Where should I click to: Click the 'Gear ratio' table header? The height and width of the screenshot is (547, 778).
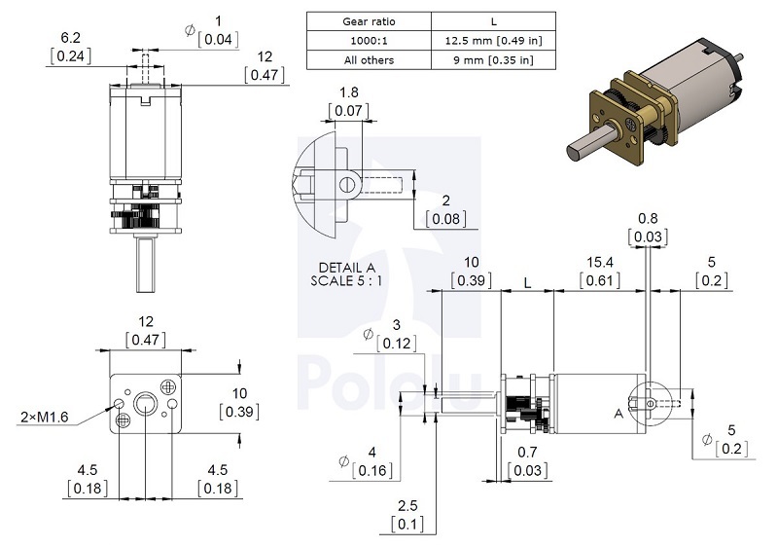point(369,21)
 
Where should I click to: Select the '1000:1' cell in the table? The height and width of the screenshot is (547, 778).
point(369,41)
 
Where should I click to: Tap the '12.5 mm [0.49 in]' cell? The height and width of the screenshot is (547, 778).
point(493,41)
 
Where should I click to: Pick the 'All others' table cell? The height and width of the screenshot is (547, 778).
point(369,60)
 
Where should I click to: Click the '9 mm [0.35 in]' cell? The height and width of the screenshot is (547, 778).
point(493,60)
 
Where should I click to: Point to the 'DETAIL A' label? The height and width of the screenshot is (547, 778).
point(347,268)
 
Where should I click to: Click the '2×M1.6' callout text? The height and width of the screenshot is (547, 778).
point(45,418)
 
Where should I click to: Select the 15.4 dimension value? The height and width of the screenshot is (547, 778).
point(600,262)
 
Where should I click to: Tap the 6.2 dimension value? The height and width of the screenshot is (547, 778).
point(70,38)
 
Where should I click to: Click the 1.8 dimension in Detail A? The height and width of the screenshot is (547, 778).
point(349,92)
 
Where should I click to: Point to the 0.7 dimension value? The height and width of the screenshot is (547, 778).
point(527,453)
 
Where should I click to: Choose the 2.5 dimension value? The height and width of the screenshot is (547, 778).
point(407,506)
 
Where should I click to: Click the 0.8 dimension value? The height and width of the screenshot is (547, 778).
point(648,218)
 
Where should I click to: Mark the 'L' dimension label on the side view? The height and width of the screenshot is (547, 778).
point(527,283)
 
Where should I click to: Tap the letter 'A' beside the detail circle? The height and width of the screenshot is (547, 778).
point(619,414)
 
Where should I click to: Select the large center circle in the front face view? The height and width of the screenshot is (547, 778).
point(145,403)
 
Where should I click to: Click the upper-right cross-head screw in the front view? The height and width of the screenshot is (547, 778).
point(167,387)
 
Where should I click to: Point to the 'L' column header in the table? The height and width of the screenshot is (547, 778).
point(493,21)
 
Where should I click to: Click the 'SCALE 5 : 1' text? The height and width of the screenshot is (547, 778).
point(346,281)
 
